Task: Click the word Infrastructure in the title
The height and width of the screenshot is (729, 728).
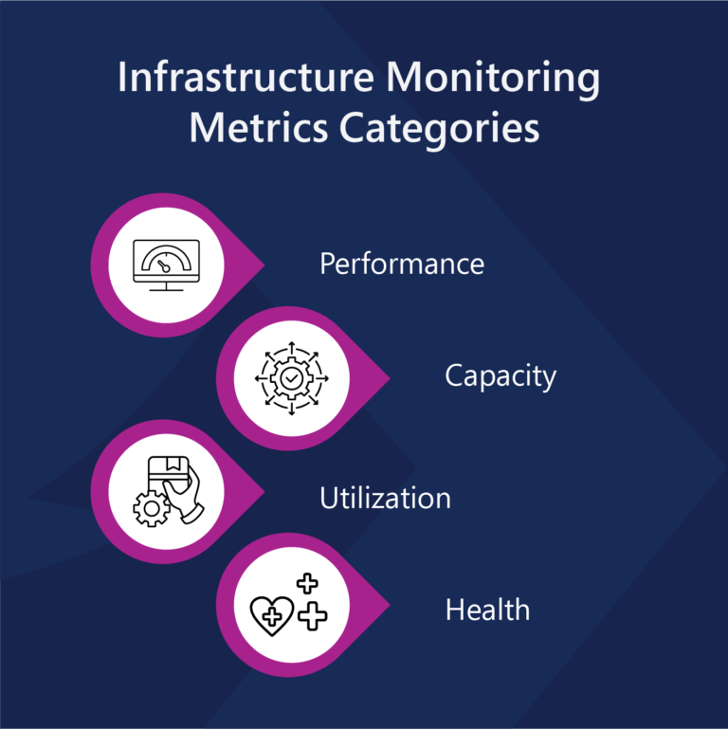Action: [x=245, y=79]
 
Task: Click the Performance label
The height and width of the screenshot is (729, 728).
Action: [x=402, y=264]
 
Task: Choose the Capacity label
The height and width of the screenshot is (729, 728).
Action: [x=500, y=376]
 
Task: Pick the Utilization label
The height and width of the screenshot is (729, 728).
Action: [x=385, y=498]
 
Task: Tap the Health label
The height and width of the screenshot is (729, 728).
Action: [x=487, y=610]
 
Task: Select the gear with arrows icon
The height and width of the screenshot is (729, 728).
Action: [x=291, y=376]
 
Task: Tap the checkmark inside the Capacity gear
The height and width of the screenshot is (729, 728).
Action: [x=291, y=376]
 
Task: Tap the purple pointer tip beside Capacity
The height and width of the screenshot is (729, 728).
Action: [x=383, y=376]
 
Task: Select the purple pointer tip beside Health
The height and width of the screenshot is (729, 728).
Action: [x=383, y=605]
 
